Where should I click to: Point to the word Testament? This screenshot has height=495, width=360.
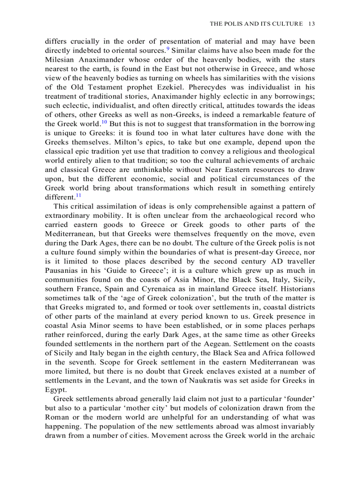pos(100,87)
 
